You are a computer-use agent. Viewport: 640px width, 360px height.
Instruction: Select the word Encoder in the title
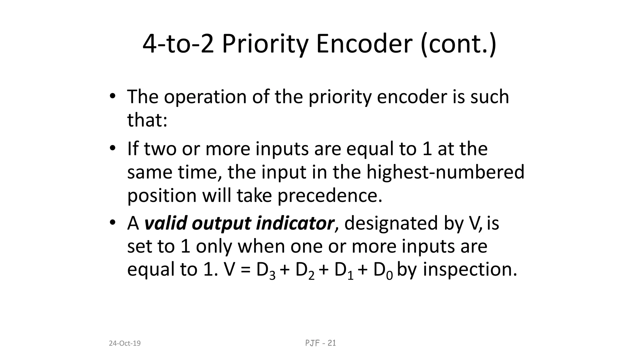[x=364, y=44]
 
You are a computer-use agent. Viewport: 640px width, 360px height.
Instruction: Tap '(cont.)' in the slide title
[x=458, y=44]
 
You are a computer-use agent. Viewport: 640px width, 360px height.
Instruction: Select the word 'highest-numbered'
[x=445, y=172]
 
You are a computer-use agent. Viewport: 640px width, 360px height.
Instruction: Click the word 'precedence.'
[x=330, y=196]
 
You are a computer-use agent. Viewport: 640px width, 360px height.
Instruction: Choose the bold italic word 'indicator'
[x=295, y=223]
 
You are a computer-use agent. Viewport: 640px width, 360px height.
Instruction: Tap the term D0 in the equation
[x=383, y=270]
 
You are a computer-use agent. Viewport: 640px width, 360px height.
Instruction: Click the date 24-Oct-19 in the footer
[x=125, y=343]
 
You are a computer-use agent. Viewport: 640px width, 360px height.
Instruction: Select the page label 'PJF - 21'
[x=320, y=343]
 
